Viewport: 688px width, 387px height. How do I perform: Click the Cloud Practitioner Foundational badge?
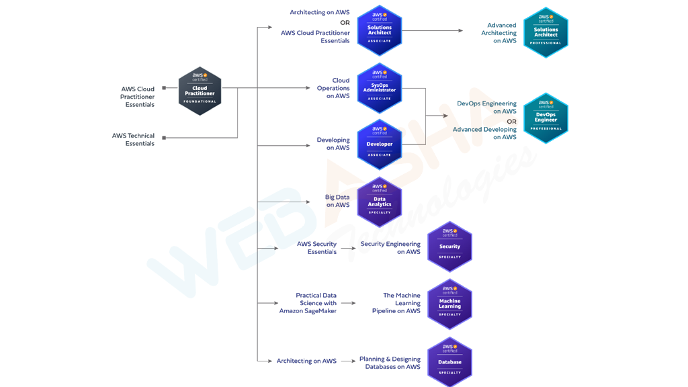click(x=200, y=91)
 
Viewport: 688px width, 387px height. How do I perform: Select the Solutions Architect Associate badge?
click(x=380, y=31)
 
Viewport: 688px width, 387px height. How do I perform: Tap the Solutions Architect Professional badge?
click(x=546, y=32)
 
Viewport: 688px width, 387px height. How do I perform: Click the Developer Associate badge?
click(x=380, y=144)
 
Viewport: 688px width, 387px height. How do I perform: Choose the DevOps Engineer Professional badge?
click(x=546, y=118)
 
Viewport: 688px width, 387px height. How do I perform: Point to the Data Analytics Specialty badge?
click(x=380, y=202)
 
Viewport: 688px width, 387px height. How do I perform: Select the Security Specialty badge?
click(x=449, y=247)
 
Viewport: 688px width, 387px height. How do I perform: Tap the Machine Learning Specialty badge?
click(x=449, y=304)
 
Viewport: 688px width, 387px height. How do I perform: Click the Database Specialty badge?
click(x=449, y=362)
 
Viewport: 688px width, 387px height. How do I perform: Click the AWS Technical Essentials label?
click(x=133, y=140)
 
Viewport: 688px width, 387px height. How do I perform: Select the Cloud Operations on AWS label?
click(x=334, y=88)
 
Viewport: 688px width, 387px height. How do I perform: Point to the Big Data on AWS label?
click(x=337, y=201)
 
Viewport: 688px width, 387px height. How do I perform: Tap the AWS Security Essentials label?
click(x=316, y=248)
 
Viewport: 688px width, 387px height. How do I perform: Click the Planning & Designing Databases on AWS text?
click(x=390, y=363)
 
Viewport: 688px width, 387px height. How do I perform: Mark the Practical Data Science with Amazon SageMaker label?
click(x=308, y=303)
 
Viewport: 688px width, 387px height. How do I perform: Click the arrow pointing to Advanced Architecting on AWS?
click(x=460, y=31)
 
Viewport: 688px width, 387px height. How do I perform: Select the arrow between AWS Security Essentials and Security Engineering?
click(x=349, y=249)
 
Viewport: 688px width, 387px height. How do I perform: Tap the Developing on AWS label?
click(x=333, y=144)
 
